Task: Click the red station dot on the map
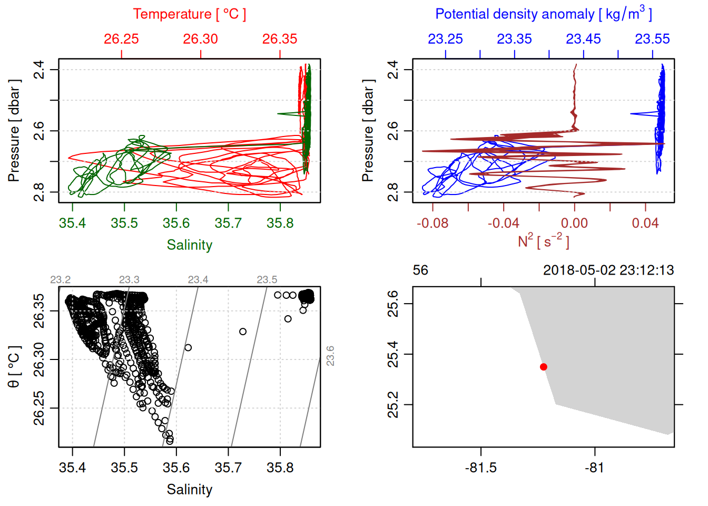[543, 367]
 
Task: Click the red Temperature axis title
[189, 14]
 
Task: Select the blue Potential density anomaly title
[543, 14]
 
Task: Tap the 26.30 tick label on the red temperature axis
[200, 39]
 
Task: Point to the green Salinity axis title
[189, 245]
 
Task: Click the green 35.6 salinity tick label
[176, 223]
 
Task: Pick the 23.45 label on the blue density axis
[583, 39]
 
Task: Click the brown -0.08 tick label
[432, 223]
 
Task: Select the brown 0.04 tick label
[645, 223]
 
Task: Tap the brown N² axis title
[543, 241]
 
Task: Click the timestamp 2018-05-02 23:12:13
[608, 270]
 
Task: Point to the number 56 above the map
[420, 270]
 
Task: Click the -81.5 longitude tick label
[481, 468]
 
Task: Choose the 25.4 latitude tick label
[393, 354]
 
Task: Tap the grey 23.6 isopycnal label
[330, 356]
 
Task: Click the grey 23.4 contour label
[198, 280]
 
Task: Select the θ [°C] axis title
[14, 367]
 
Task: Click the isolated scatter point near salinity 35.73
[243, 332]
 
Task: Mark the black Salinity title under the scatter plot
[189, 490]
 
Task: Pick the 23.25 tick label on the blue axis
[445, 39]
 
